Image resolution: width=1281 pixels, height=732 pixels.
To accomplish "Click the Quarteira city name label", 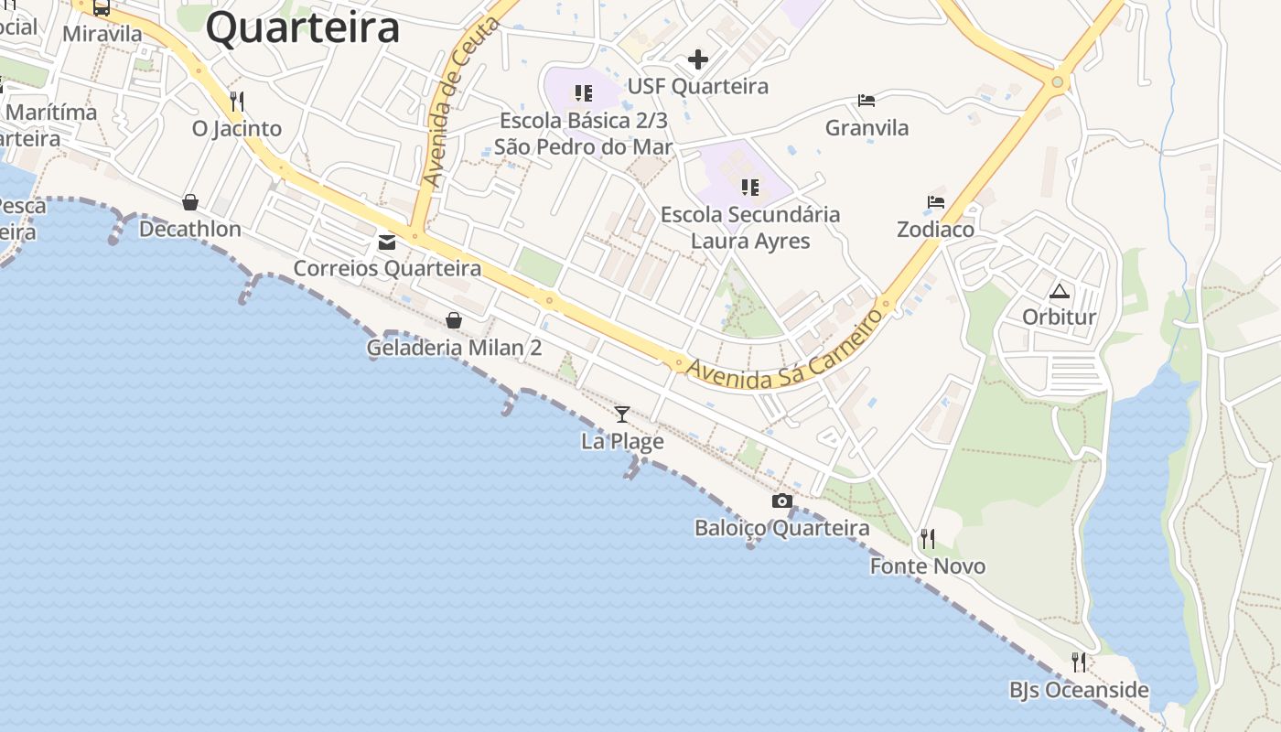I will point(303,27).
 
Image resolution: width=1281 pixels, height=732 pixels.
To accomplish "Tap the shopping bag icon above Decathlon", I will point(190,201).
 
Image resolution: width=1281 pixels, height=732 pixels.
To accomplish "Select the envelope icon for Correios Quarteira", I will point(387,242).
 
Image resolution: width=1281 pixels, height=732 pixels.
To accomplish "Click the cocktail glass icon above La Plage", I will point(622,414).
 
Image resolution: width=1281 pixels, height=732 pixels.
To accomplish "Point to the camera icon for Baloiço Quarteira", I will point(781,501).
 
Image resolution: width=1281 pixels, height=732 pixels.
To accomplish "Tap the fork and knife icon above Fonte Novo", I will point(928,539).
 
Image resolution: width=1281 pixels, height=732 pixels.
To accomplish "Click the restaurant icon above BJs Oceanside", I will point(1079,662).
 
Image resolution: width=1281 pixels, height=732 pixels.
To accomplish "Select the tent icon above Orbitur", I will point(1060,292).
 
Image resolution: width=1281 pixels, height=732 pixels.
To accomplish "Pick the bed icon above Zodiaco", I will point(935,202).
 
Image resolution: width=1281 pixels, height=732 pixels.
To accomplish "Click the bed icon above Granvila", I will point(867,100).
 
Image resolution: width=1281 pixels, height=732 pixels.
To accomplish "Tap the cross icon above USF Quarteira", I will point(698,60).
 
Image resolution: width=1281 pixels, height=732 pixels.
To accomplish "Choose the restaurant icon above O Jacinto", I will point(237,101).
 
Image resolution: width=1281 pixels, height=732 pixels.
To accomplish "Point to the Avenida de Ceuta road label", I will point(463,102).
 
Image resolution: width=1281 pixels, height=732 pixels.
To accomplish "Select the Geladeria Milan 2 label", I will point(454,348).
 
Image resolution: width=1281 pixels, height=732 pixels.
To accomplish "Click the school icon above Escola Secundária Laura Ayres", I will point(750,188).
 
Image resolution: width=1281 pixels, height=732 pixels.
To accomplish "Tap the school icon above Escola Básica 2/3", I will point(584,92).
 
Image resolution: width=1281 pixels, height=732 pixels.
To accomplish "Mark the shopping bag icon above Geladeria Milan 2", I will point(453,320).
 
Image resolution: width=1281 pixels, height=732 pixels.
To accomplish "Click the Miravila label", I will point(102,34).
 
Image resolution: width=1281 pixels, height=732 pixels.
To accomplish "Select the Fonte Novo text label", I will point(928,566).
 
